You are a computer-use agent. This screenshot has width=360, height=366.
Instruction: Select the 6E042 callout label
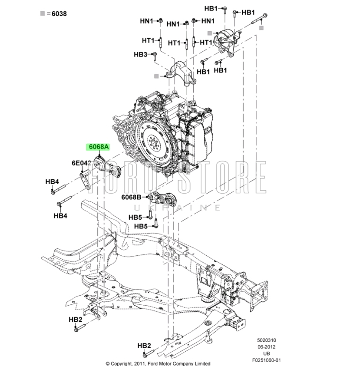81,163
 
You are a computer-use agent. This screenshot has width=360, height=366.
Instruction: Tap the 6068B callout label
131,197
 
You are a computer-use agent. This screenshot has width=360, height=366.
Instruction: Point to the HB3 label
141,55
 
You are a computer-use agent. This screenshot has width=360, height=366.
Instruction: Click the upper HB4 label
52,181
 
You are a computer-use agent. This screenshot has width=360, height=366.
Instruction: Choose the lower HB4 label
60,216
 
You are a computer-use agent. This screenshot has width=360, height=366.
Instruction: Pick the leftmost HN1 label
147,21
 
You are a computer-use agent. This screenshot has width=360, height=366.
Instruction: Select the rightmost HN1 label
208,21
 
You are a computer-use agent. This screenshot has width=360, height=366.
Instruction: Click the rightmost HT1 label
206,42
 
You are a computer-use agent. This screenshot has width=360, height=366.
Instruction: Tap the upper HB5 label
135,217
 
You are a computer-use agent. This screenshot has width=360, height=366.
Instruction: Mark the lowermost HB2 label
144,346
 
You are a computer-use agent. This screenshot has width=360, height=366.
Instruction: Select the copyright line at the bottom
158,363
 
